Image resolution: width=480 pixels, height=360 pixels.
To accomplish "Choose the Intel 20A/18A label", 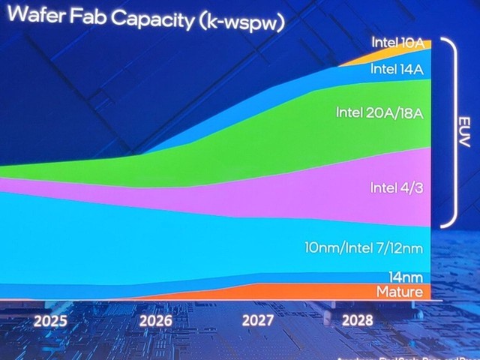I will click(x=379, y=112).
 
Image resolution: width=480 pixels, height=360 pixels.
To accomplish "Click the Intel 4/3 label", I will click(x=397, y=187).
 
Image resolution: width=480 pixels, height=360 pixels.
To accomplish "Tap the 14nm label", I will click(x=405, y=277).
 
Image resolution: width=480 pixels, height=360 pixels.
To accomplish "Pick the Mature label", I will click(x=399, y=291).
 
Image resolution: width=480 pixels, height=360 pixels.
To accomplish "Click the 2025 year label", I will click(x=50, y=322).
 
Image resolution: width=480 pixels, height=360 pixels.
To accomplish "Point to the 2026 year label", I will click(x=155, y=322).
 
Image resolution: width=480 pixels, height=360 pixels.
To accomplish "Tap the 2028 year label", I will click(x=358, y=322).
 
